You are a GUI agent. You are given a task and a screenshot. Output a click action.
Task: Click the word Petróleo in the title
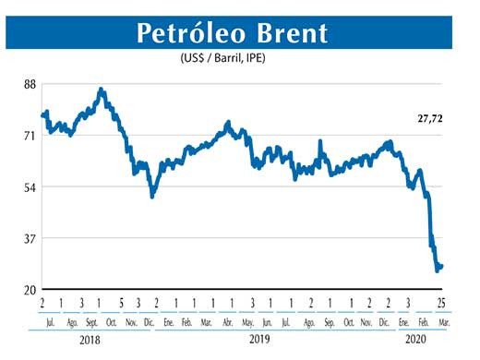(191, 33)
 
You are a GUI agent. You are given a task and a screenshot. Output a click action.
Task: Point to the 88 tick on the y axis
(30, 84)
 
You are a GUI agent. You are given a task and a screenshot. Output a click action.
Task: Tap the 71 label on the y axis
(30, 136)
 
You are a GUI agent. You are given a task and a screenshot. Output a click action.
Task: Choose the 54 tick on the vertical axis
(30, 187)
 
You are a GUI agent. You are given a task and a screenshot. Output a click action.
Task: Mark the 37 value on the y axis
(30, 239)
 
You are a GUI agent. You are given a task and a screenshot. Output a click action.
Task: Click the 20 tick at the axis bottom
(30, 290)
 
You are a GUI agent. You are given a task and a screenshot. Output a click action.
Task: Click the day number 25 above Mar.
(441, 304)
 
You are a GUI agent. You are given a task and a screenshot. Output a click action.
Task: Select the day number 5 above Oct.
(121, 304)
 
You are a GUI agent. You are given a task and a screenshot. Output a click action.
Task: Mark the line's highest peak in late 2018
(102, 90)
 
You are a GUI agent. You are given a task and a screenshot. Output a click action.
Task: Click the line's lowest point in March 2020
(437, 271)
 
